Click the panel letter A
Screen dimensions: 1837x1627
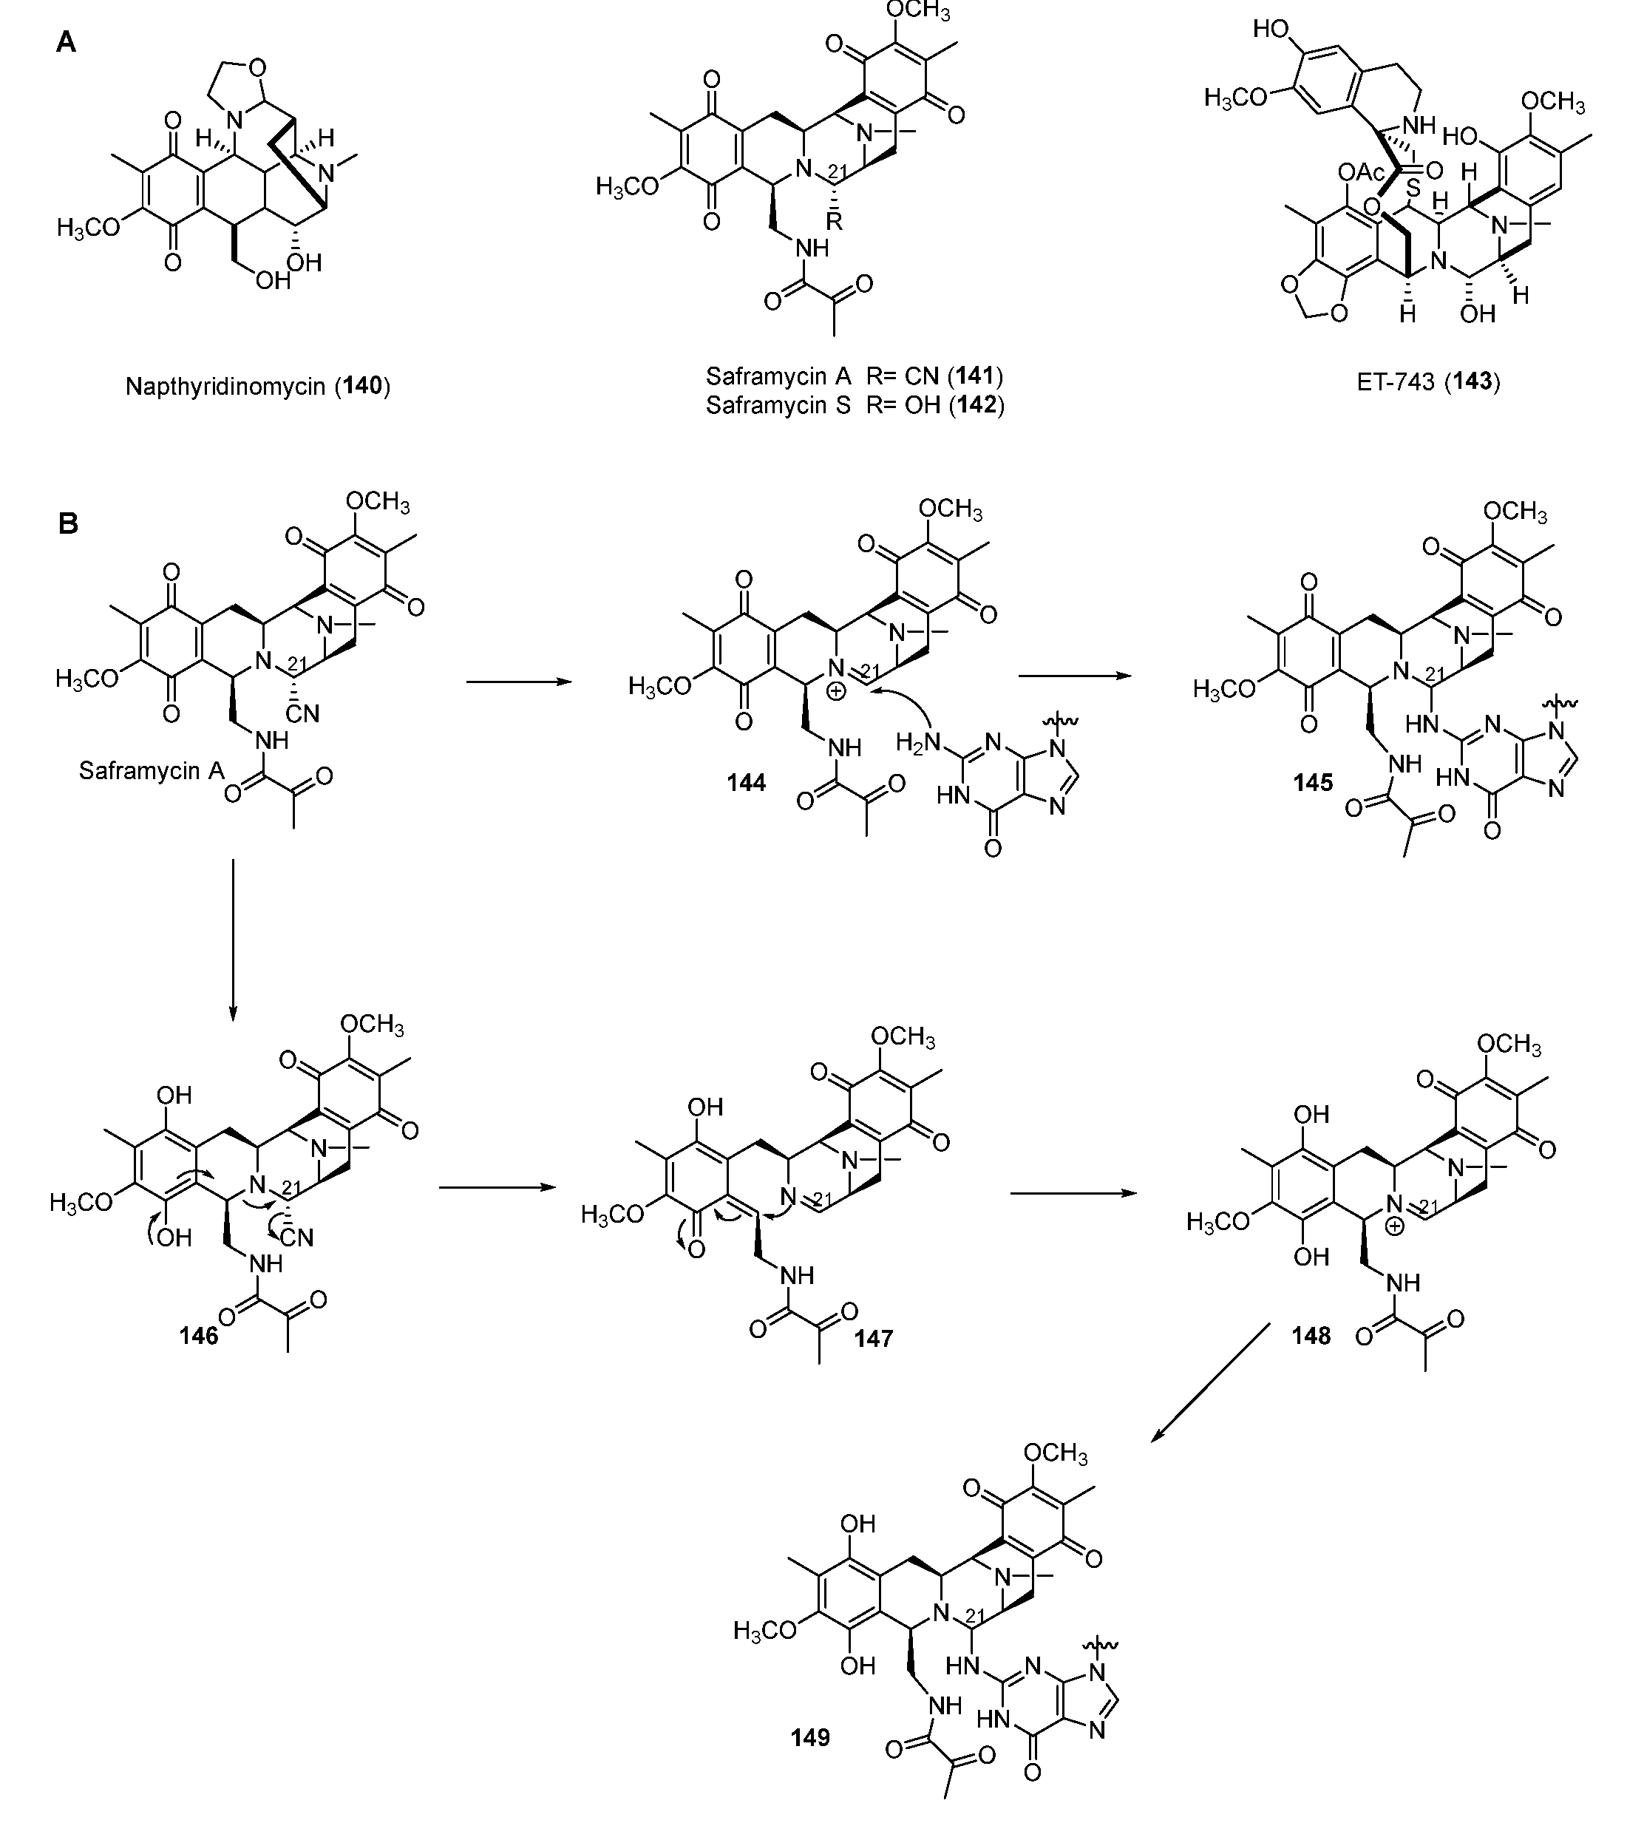coord(65,42)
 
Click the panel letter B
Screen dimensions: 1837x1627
coord(68,524)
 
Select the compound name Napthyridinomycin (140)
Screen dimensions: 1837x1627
coord(258,387)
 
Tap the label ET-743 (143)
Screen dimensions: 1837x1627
coord(1428,381)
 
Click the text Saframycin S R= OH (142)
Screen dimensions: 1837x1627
coord(855,405)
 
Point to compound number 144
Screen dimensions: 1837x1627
coord(746,783)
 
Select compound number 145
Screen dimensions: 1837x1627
coord(1314,783)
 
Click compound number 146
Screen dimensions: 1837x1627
coord(199,1337)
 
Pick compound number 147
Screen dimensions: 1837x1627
coord(874,1338)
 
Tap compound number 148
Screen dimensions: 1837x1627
coord(1311,1337)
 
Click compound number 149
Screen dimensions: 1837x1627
coord(810,1737)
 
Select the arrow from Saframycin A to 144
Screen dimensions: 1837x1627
coord(520,682)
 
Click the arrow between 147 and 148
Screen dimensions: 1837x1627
coord(1073,1194)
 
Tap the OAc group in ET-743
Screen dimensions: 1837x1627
coord(1362,172)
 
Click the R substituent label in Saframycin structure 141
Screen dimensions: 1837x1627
coord(834,221)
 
